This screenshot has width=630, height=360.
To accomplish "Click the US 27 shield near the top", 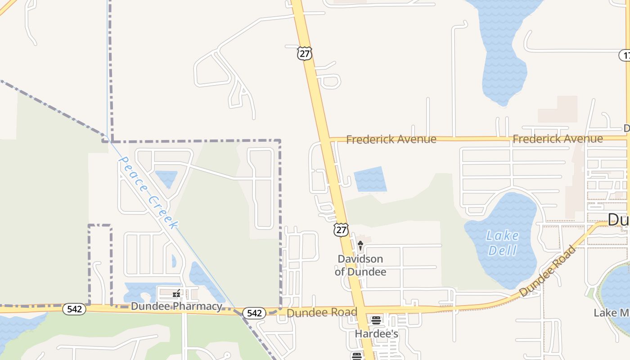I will tap(305, 53).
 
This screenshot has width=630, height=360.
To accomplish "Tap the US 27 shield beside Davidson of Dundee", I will tap(341, 229).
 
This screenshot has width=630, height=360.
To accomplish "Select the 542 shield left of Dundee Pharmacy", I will tap(74, 309).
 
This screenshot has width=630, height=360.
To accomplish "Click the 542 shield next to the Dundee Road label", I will tap(254, 313).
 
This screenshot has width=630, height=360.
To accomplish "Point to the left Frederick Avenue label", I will tap(391, 139).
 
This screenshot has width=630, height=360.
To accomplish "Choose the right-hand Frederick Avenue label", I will tap(558, 139).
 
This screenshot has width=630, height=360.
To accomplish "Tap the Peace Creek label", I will tap(148, 192).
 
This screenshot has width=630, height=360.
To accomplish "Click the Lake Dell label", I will tap(502, 243).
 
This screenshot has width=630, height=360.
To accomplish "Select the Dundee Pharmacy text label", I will tap(176, 306).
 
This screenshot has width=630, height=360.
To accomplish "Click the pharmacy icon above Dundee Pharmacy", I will tap(176, 294).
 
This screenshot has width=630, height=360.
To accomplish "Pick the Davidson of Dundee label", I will tap(360, 265).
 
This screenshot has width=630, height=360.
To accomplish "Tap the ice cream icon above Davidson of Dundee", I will tap(360, 245).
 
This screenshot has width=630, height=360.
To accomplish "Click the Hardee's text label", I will tap(377, 334).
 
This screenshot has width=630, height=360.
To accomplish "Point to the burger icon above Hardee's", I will tap(376, 321).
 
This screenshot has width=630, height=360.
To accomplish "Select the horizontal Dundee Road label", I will tap(322, 312).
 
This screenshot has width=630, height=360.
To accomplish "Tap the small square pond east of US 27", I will tap(370, 179).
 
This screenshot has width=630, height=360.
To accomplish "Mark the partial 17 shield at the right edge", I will tap(625, 55).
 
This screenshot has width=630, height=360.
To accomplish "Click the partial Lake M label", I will tap(612, 313).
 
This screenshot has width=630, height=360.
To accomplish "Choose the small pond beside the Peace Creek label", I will tap(166, 178).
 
